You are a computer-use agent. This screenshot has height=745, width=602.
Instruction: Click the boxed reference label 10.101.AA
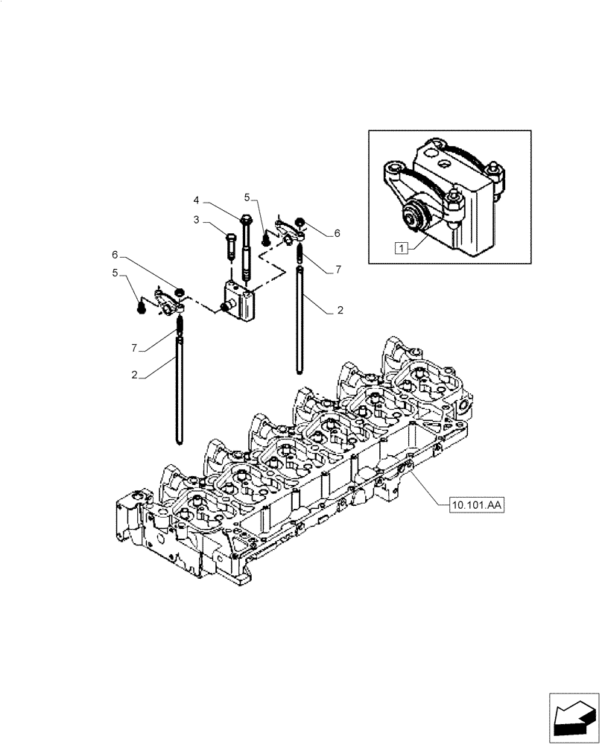pos(478,506)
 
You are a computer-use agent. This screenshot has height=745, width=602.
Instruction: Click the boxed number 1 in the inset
pos(402,249)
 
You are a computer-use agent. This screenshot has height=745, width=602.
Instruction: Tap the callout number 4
pos(196,200)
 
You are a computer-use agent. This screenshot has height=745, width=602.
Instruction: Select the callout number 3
pos(196,221)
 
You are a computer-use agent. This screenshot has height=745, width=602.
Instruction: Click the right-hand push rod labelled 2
pos(301,320)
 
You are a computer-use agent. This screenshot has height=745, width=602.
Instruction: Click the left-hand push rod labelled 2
pos(179,387)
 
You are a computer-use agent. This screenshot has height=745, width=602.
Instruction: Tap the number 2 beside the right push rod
pos(340,311)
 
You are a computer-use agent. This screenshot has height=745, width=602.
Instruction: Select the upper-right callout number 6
pos(337,233)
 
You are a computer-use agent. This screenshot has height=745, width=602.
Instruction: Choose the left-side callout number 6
pos(115,255)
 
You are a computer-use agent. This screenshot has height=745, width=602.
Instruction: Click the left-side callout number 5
pos(115,273)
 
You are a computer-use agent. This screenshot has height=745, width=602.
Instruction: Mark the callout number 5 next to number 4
pos(247,197)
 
